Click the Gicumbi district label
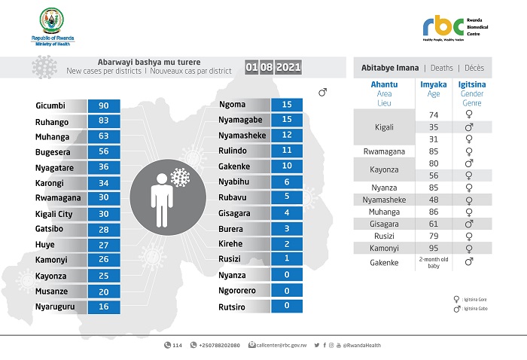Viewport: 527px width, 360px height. coord(52,106)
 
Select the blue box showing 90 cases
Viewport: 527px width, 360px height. coord(104,106)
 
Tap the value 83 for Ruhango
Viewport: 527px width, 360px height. coord(104,122)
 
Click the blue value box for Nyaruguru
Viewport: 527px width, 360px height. coord(104,307)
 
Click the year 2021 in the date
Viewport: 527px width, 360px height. coord(288,68)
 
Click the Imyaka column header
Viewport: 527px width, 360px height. coord(434,85)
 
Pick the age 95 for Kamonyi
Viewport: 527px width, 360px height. coord(434,248)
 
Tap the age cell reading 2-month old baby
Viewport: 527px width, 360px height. coord(434,262)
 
